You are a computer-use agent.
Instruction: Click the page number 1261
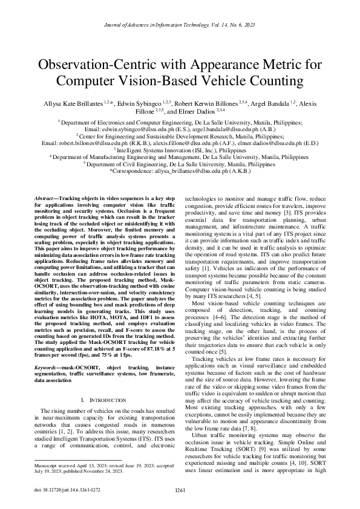click(180, 491)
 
